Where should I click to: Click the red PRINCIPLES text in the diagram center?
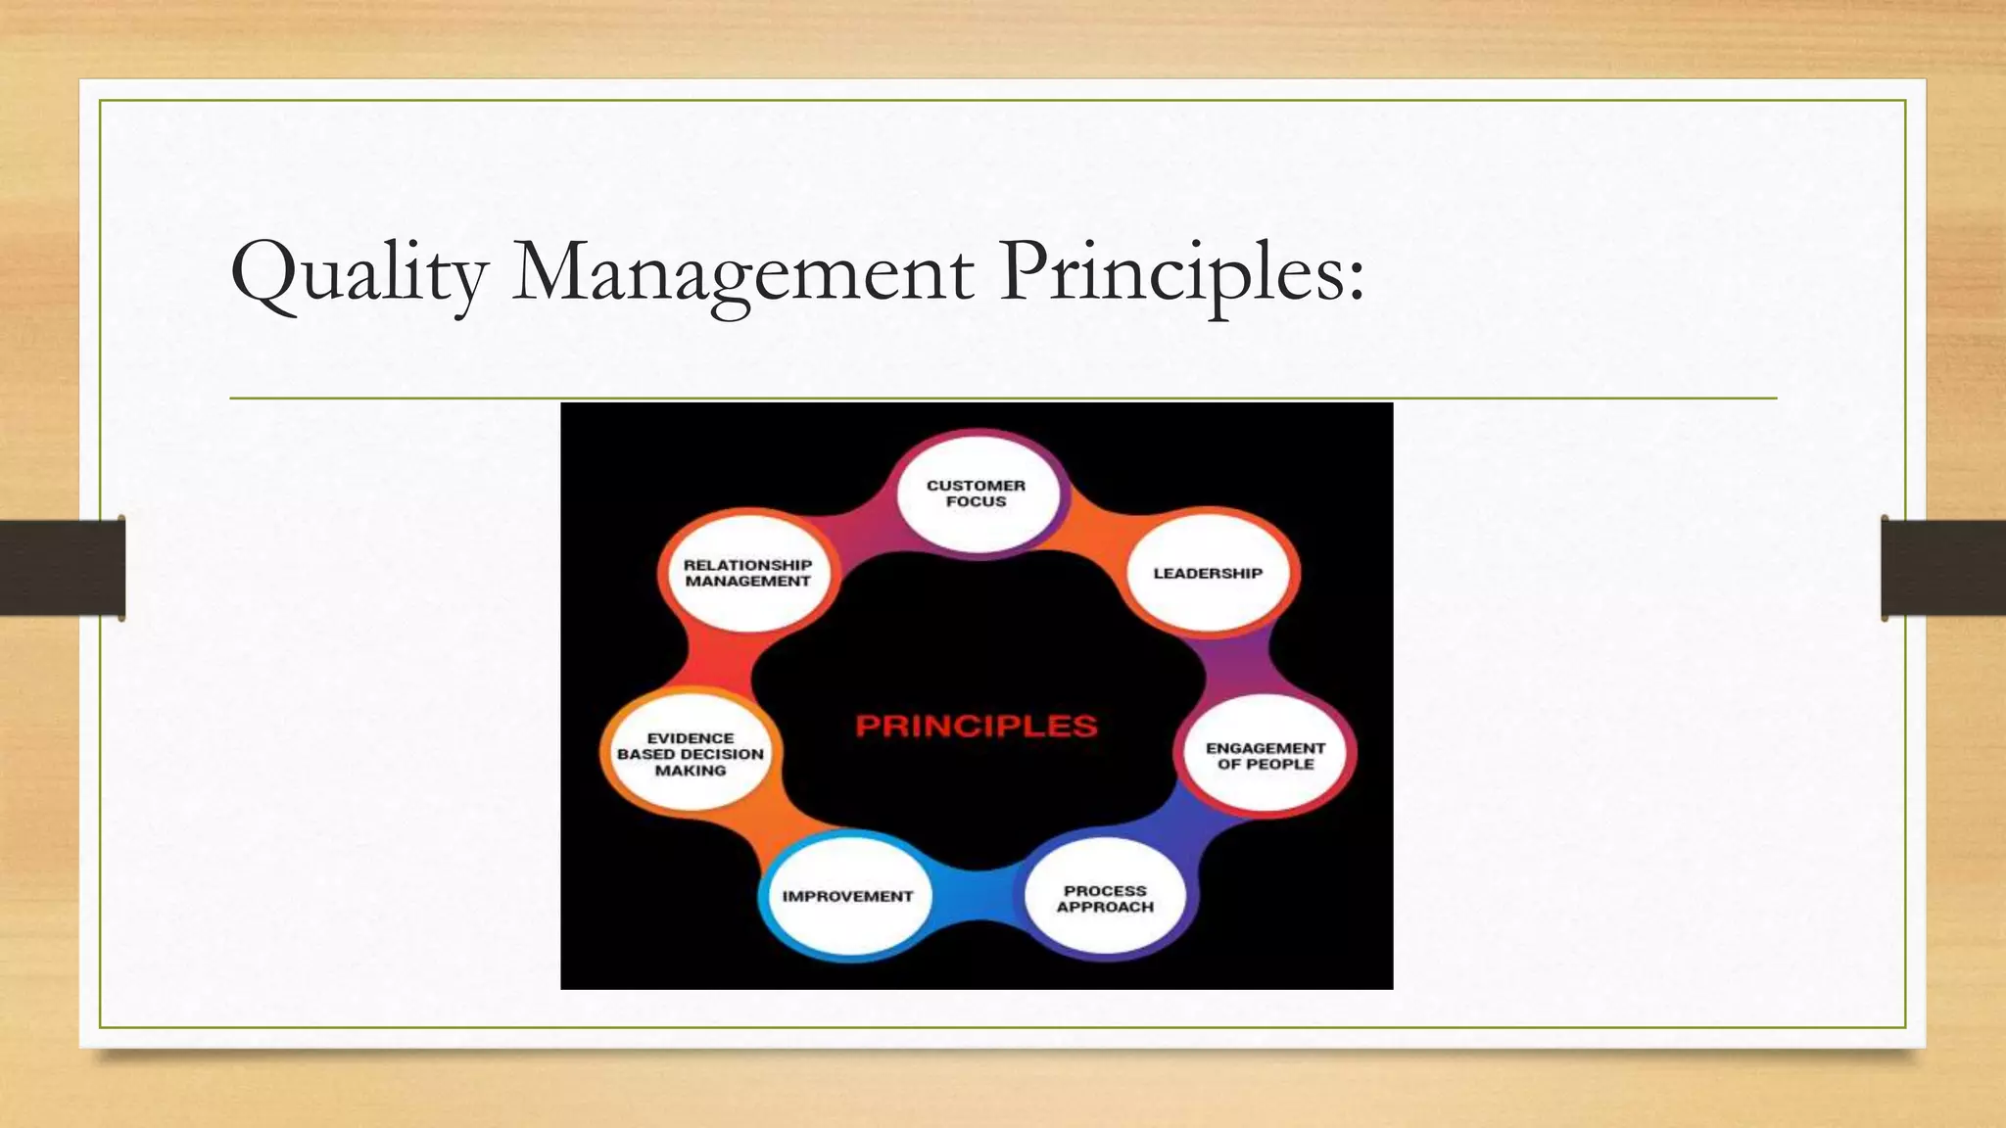tap(977, 727)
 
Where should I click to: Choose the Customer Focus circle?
tap(978, 493)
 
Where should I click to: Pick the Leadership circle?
tap(1208, 573)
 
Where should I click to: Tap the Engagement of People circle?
tap(1265, 755)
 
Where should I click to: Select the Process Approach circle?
tap(1105, 898)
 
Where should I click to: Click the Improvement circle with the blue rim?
tap(847, 896)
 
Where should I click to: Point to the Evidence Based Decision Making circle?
tap(691, 754)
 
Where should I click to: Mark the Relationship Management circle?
tap(747, 573)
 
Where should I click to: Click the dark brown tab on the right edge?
tap(1943, 568)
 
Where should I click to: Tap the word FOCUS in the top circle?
tap(977, 502)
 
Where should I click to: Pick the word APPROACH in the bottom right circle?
tap(1105, 908)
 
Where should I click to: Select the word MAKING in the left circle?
tap(691, 772)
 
